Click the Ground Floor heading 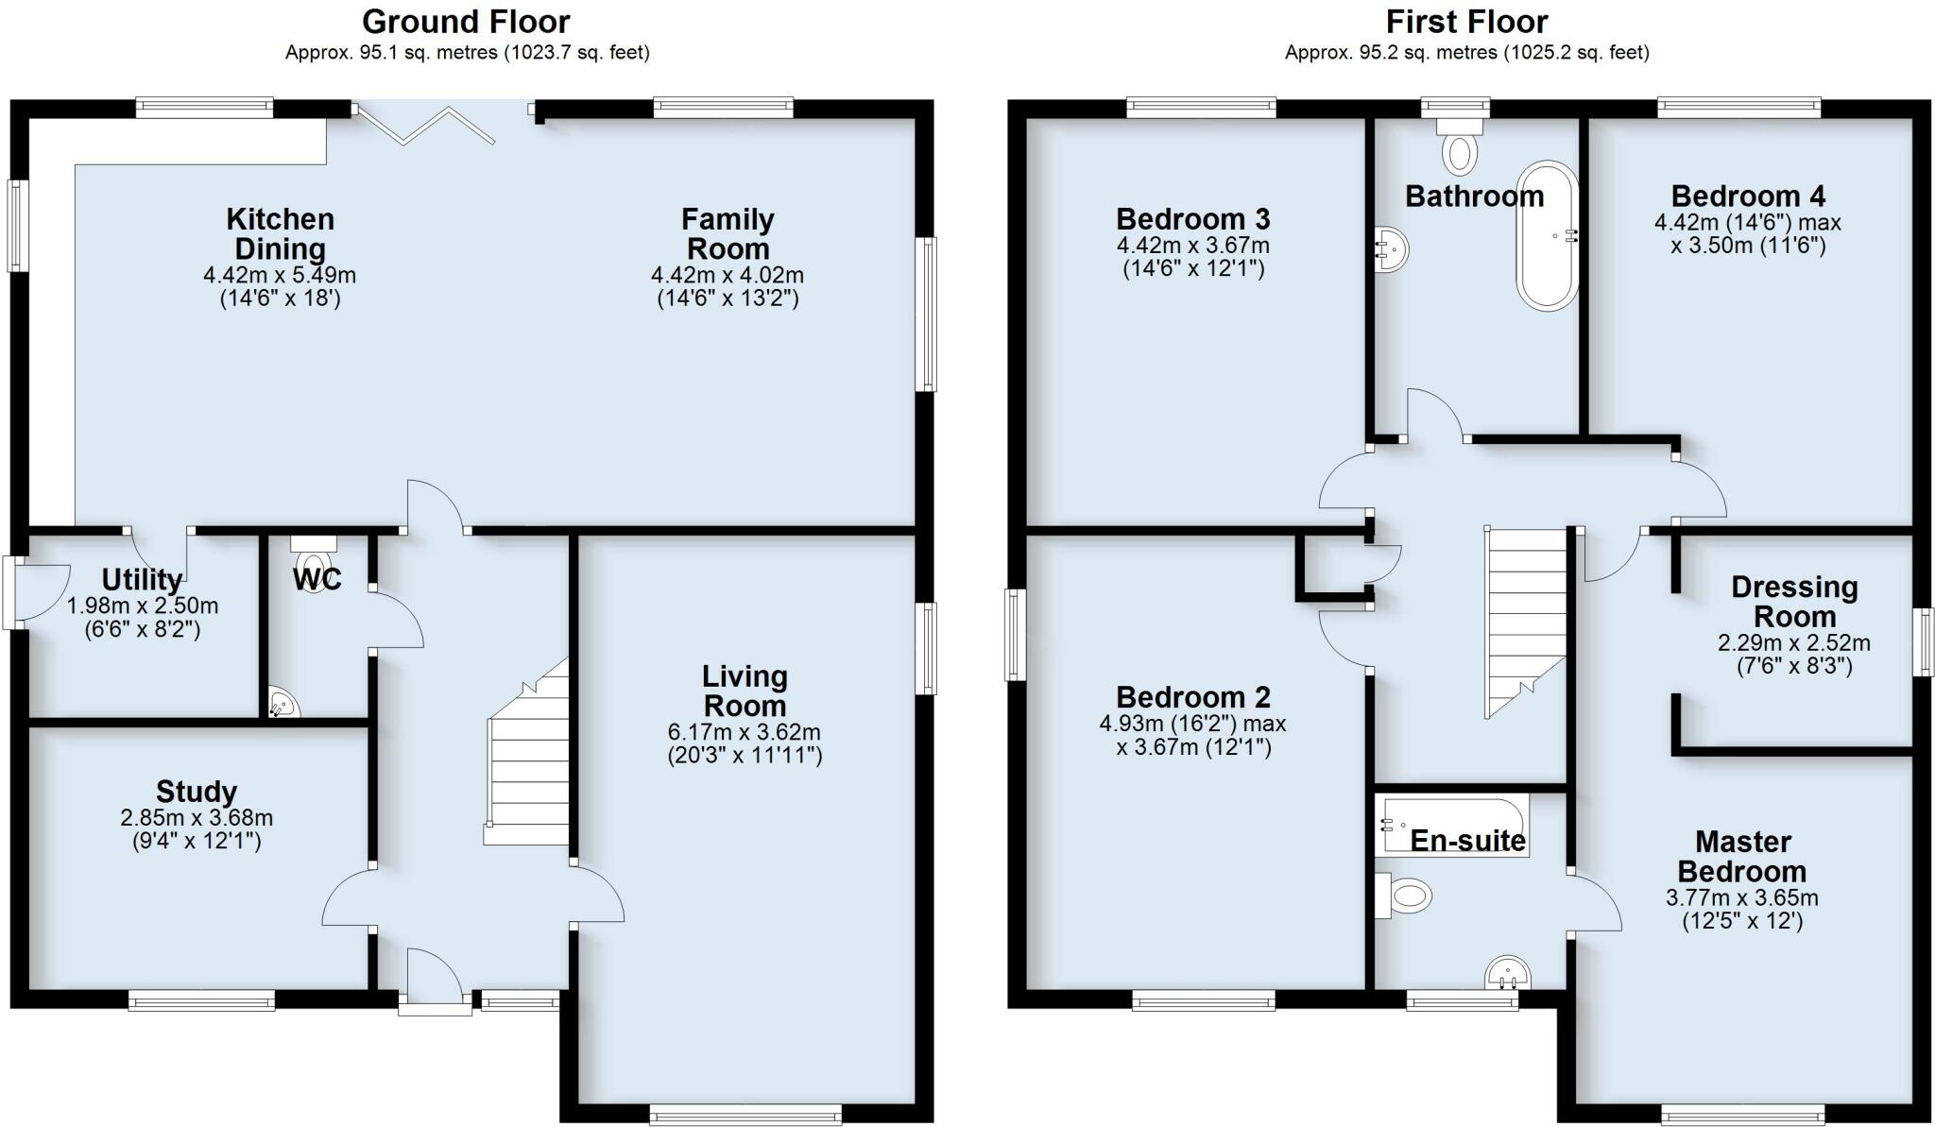pos(466,21)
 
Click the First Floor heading pos(1466,21)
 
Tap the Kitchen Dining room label pos(280,234)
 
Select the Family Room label pos(728,234)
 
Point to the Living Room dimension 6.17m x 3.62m pos(745,732)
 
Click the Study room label pos(197,792)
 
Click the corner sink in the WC pos(282,703)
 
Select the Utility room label pos(142,579)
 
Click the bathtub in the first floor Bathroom pos(1547,236)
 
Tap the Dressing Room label pos(1794,602)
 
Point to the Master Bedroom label pos(1743,857)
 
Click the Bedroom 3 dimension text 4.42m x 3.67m pos(1193,246)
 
